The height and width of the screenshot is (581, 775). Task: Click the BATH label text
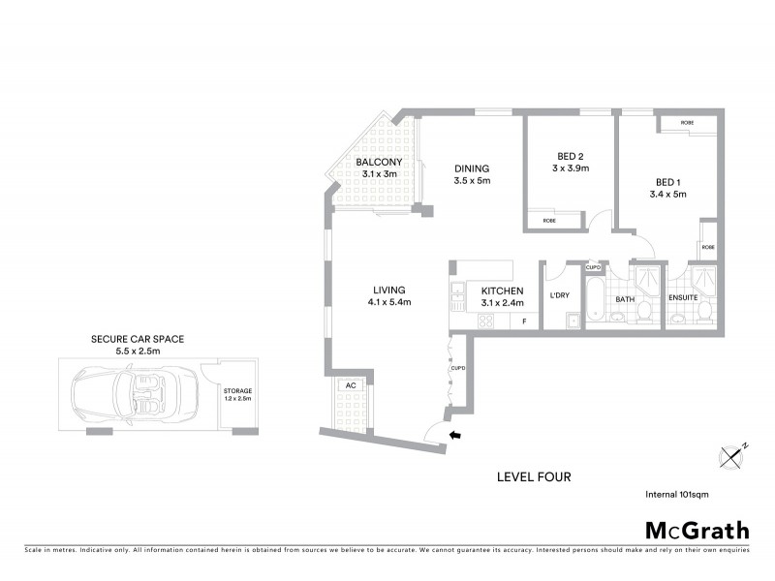(x=625, y=299)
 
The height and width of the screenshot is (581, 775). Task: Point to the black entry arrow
(x=457, y=438)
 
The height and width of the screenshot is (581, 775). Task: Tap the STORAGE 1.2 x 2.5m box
(x=237, y=395)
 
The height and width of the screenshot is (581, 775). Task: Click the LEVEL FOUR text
(x=534, y=476)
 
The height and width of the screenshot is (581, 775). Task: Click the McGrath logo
(x=697, y=530)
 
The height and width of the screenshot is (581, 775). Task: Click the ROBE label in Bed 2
(x=549, y=220)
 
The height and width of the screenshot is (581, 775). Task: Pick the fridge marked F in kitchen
(x=524, y=321)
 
